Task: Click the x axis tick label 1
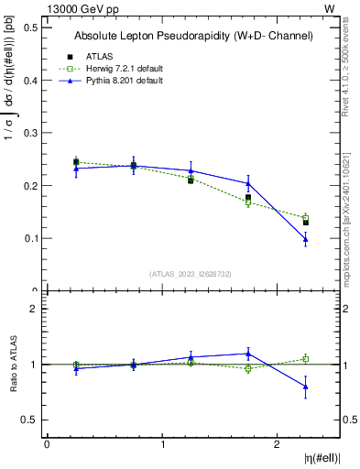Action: tap(162, 444)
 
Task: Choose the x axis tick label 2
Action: tap(278, 444)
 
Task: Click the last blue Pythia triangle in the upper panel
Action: tap(306, 239)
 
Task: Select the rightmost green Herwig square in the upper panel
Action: tap(306, 218)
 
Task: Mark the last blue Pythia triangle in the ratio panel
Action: tap(306, 387)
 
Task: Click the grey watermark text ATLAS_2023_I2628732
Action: tap(191, 273)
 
